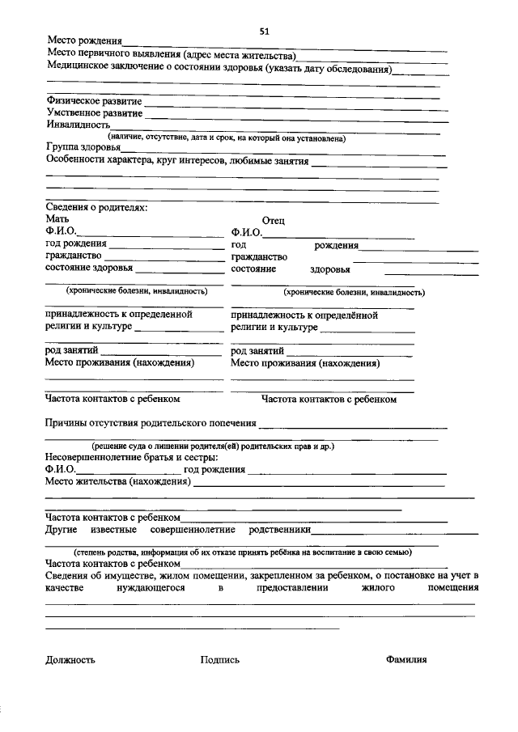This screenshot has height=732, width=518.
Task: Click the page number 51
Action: pos(264,31)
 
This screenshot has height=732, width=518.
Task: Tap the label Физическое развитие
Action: pos(94,101)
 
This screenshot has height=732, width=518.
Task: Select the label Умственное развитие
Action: pos(94,113)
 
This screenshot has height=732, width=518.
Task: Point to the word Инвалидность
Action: pos(78,125)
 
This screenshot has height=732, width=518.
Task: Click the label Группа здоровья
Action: pos(83,148)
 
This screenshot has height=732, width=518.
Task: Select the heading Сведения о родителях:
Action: pos(96,208)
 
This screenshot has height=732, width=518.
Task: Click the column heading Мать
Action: pos(57,219)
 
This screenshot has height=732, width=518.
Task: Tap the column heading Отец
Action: pos(273,220)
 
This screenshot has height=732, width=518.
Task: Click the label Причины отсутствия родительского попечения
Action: pos(151,423)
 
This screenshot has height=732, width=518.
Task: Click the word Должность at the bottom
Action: pos(70,659)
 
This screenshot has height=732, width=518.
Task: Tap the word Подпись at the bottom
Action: pos(220,659)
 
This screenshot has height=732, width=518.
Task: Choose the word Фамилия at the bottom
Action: pos(406,659)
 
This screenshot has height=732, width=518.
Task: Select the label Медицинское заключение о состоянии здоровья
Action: pos(219,70)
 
